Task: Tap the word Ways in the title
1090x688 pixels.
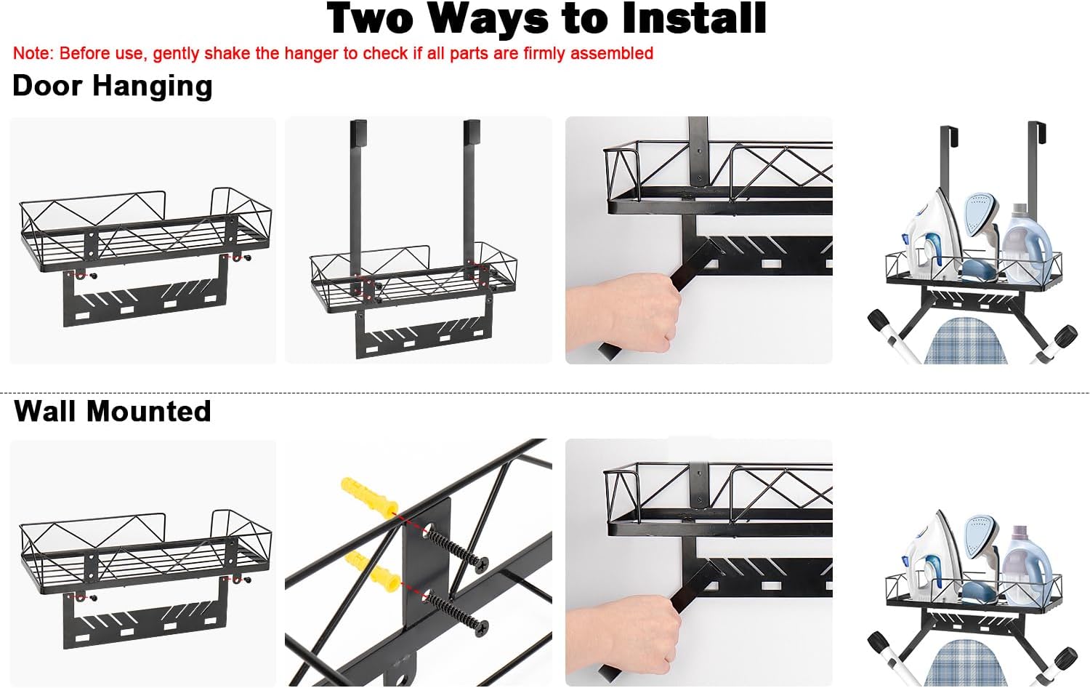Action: (489, 20)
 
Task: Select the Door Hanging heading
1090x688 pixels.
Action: (113, 86)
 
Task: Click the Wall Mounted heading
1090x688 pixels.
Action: (113, 411)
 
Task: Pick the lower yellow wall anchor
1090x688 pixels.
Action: (372, 569)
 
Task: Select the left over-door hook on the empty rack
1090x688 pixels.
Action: (359, 204)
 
